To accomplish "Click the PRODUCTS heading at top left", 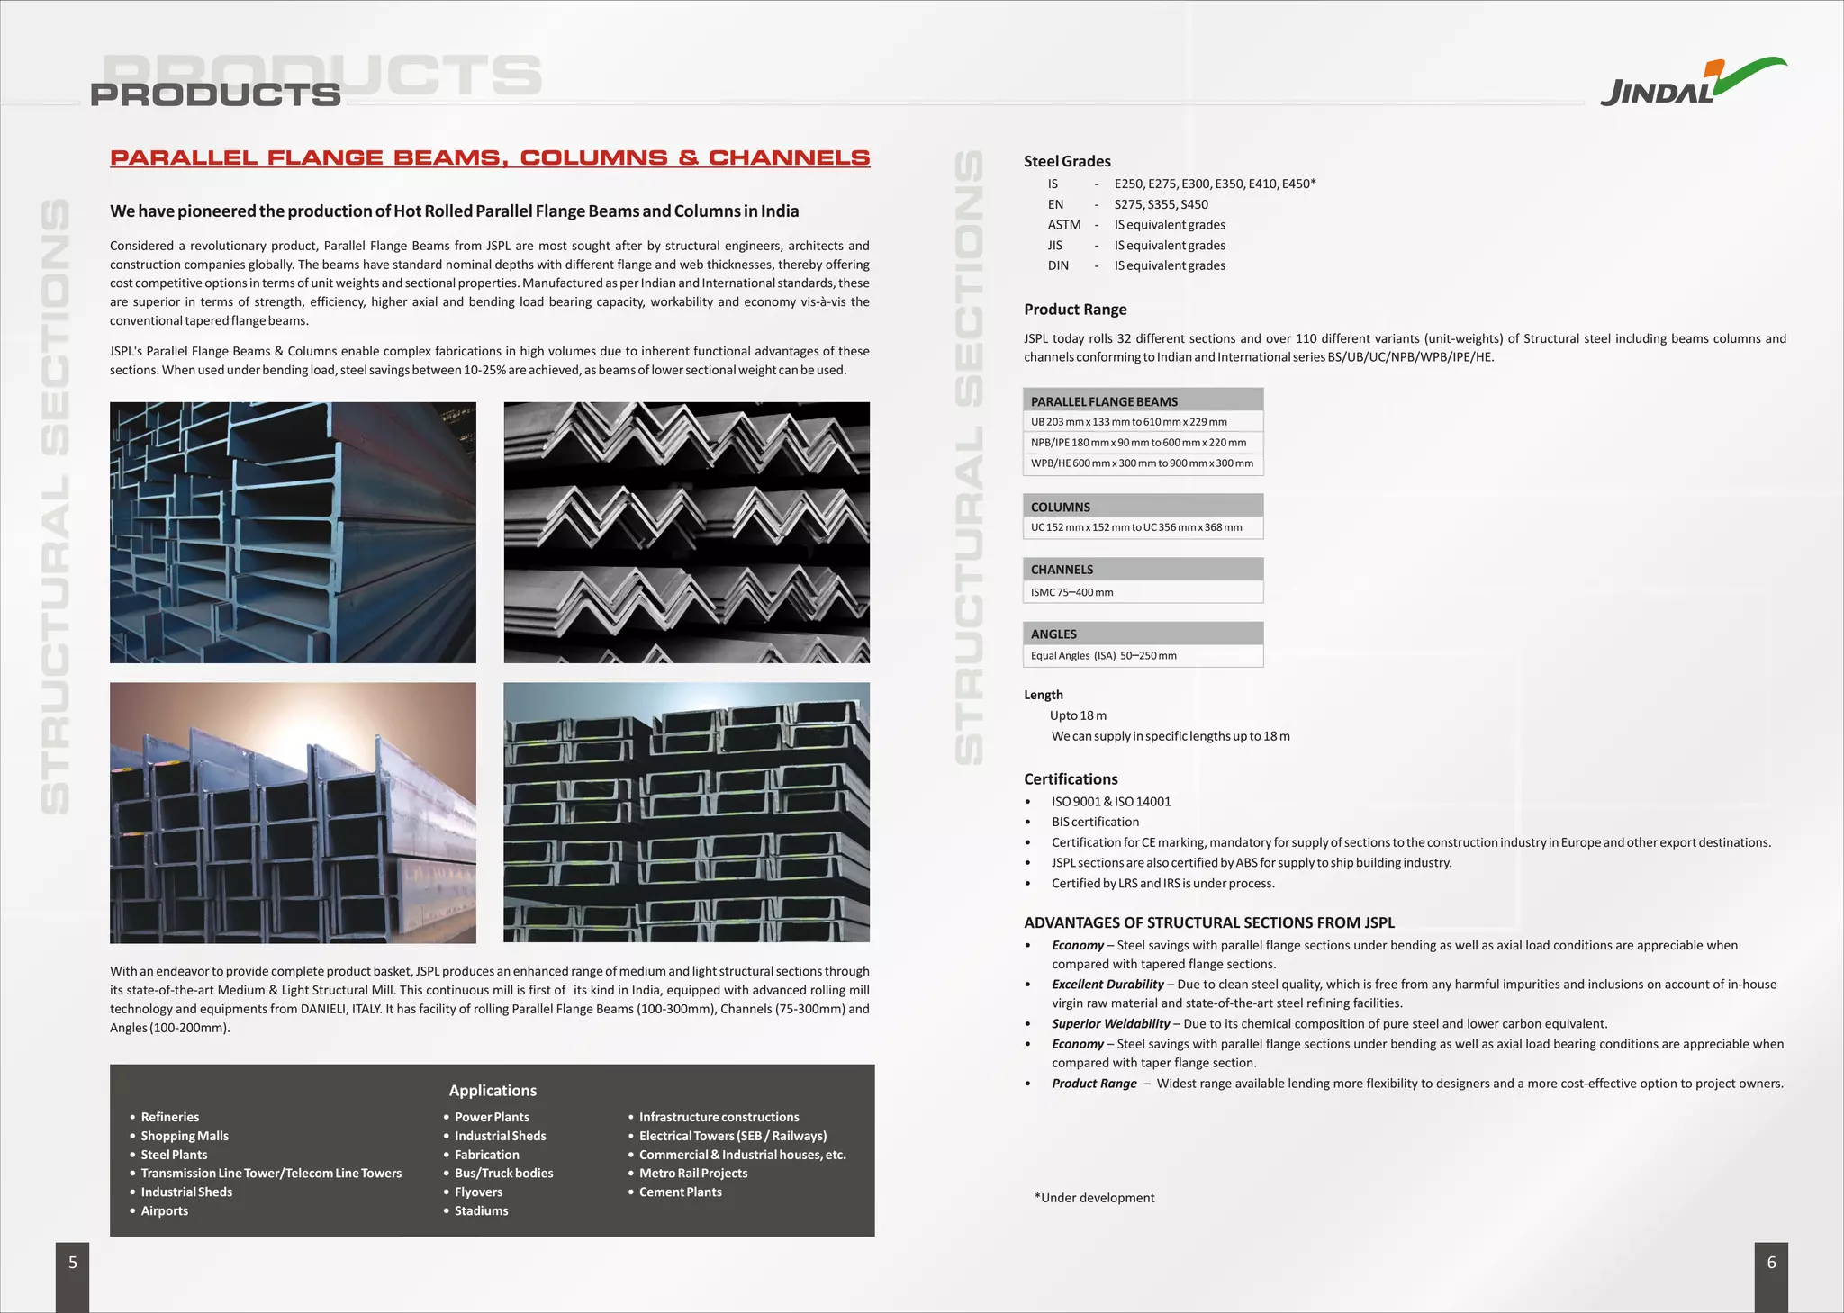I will [x=216, y=94].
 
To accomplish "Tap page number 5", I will [x=73, y=1263].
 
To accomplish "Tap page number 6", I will [x=1770, y=1263].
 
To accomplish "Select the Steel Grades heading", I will [x=1067, y=161].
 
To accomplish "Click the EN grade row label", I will [x=1055, y=204].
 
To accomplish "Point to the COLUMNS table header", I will [x=1061, y=507].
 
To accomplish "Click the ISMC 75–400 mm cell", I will [x=1072, y=592].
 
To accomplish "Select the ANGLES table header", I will [x=1053, y=634].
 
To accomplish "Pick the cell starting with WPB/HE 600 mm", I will [x=1141, y=463].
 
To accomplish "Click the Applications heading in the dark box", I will [x=493, y=1090].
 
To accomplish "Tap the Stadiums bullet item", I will [x=481, y=1210].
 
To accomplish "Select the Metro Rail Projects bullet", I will [x=692, y=1173].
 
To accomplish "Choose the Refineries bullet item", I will [x=169, y=1117].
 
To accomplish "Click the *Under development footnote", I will [x=1094, y=1198].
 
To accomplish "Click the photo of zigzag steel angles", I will [x=686, y=532].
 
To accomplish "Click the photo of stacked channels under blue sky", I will [x=686, y=813].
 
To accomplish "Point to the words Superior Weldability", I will [x=1110, y=1023].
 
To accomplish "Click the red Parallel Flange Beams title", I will [x=490, y=157].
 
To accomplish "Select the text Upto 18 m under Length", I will [x=1078, y=715].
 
